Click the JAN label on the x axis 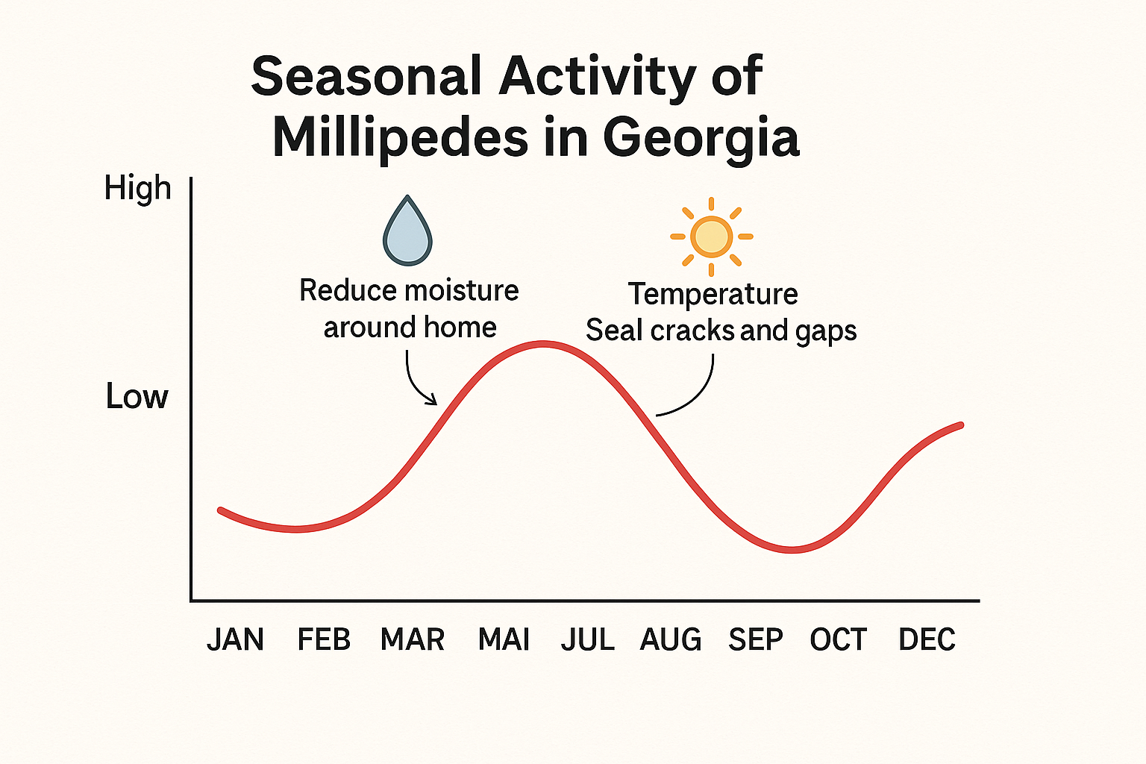[235, 640]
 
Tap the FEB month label [324, 640]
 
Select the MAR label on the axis [413, 640]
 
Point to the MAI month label [504, 640]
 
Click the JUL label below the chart [588, 640]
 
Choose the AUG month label [671, 640]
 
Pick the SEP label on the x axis [756, 640]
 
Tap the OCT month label [839, 640]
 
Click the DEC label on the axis [927, 640]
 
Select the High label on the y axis [137, 189]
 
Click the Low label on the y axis [137, 396]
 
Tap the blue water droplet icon [407, 232]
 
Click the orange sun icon [711, 237]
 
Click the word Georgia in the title [701, 137]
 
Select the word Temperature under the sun [713, 294]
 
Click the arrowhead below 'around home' [432, 401]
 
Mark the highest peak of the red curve [545, 344]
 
